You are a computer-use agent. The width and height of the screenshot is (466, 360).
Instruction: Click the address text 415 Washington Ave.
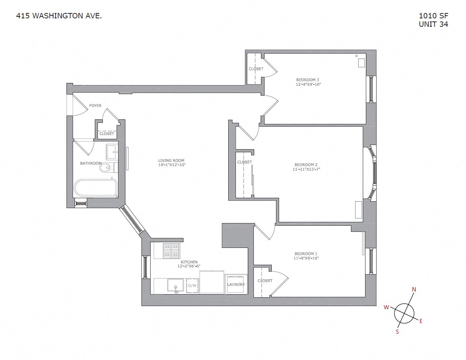[x=59, y=16]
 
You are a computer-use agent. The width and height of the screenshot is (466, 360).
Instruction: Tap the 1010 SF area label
[x=434, y=16]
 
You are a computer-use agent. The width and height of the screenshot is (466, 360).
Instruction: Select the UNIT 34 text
[x=434, y=24]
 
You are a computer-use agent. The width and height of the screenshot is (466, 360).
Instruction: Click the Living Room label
[x=171, y=161]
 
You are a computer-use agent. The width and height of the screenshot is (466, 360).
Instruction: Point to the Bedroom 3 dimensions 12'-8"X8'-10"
[x=308, y=84]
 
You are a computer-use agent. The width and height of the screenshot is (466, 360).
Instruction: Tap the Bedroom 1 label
[x=306, y=254]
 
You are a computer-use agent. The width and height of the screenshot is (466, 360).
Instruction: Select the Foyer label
[x=95, y=106]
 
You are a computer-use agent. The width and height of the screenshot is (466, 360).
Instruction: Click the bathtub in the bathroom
[x=96, y=188]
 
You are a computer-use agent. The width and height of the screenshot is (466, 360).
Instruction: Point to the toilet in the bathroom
[x=108, y=167]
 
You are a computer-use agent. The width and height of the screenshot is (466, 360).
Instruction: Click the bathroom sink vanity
[x=112, y=152]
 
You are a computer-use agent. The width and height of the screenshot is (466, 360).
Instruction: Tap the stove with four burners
[x=171, y=251]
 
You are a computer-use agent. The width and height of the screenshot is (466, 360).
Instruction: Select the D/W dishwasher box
[x=192, y=285]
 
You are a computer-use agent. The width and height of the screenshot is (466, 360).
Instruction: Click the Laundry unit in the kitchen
[x=236, y=285]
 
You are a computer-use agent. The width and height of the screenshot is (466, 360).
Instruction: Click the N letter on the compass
[x=414, y=290]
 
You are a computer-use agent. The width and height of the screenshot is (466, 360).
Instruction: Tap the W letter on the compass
[x=386, y=307]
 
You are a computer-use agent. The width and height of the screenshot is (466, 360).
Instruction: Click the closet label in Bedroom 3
[x=256, y=69]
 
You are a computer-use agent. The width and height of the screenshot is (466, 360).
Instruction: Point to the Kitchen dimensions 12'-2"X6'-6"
[x=189, y=266]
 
